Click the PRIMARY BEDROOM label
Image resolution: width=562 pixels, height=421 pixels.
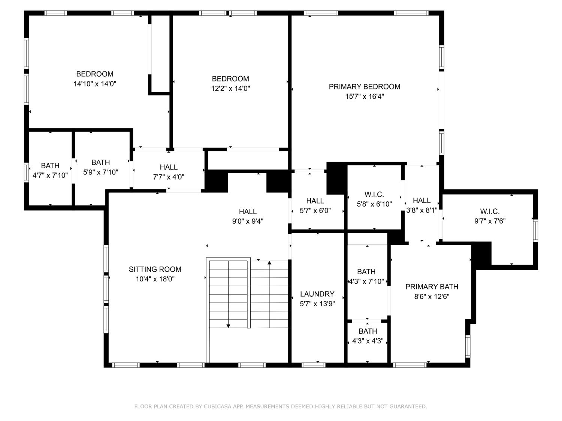pyautogui.click(x=364, y=86)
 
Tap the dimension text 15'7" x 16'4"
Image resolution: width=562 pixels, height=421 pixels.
pyautogui.click(x=364, y=97)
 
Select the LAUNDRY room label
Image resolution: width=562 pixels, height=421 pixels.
pyautogui.click(x=317, y=294)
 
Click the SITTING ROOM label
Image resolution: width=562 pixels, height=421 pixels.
pyautogui.click(x=155, y=269)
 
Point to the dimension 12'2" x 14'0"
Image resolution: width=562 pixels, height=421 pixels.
pyautogui.click(x=230, y=89)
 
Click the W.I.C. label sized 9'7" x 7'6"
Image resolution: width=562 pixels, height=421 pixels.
pyautogui.click(x=490, y=211)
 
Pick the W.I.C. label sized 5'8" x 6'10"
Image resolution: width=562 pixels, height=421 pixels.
pyautogui.click(x=374, y=194)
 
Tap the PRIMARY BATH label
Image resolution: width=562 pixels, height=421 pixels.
pyautogui.click(x=432, y=287)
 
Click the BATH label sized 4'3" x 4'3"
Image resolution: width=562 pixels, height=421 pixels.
pyautogui.click(x=368, y=331)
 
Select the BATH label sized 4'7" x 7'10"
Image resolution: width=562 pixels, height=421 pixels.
pyautogui.click(x=50, y=165)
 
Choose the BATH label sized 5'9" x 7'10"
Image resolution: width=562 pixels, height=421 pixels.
pyautogui.click(x=100, y=162)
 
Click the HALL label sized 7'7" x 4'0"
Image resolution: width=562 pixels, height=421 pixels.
pyautogui.click(x=168, y=167)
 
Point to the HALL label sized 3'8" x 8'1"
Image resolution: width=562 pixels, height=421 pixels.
pyautogui.click(x=421, y=200)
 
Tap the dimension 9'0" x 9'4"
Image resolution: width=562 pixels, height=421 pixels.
pyautogui.click(x=248, y=221)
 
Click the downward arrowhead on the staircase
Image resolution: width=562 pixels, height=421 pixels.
pyautogui.click(x=228, y=326)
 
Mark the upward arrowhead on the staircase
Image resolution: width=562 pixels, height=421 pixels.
pyautogui.click(x=269, y=263)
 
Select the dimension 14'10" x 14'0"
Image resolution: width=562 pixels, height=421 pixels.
pyautogui.click(x=95, y=84)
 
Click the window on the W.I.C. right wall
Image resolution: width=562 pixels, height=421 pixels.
pyautogui.click(x=535, y=230)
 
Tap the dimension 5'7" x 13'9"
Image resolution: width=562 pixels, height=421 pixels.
pyautogui.click(x=317, y=304)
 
